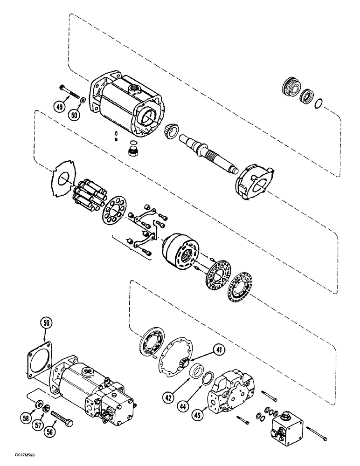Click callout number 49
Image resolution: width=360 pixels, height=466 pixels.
coord(59,107)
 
